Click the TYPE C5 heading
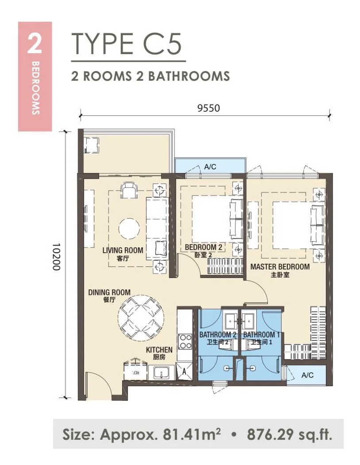(126, 44)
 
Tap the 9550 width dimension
(209, 108)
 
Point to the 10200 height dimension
(56, 257)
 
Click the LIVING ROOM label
(123, 250)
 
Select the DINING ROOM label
(109, 293)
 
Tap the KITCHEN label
(159, 350)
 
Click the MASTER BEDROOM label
(280, 267)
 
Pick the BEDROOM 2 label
(203, 247)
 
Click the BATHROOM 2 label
(218, 335)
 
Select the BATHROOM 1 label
(262, 335)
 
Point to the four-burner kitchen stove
(186, 341)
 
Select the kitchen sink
(162, 372)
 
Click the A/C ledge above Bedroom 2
(210, 166)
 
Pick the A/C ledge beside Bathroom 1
(307, 375)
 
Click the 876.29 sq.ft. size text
(290, 434)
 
